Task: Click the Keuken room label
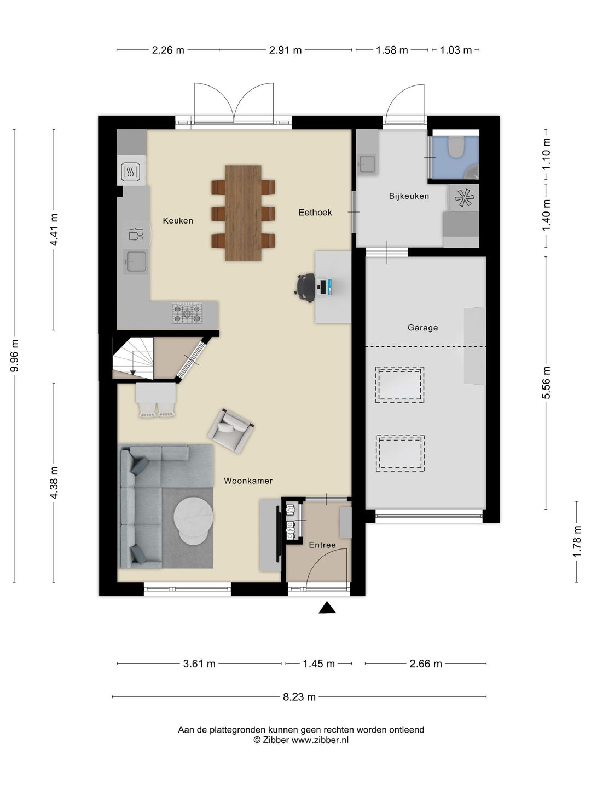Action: pos(178,220)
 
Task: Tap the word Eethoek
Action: pos(315,213)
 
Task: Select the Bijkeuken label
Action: pos(409,196)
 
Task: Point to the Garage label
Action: pos(422,328)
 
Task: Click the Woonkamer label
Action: pos(248,481)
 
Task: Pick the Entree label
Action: pos(322,545)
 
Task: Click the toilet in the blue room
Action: pos(456,147)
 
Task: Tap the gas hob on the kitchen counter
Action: pos(187,313)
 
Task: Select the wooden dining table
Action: pos(243,213)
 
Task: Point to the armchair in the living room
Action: pos(231,430)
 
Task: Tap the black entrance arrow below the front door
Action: pos(327,608)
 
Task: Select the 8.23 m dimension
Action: pos(299,697)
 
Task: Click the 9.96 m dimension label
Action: pos(15,356)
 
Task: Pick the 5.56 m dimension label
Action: pos(546,383)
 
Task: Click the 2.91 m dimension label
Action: pos(285,50)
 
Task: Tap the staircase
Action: pos(133,357)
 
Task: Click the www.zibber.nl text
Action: pos(320,740)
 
